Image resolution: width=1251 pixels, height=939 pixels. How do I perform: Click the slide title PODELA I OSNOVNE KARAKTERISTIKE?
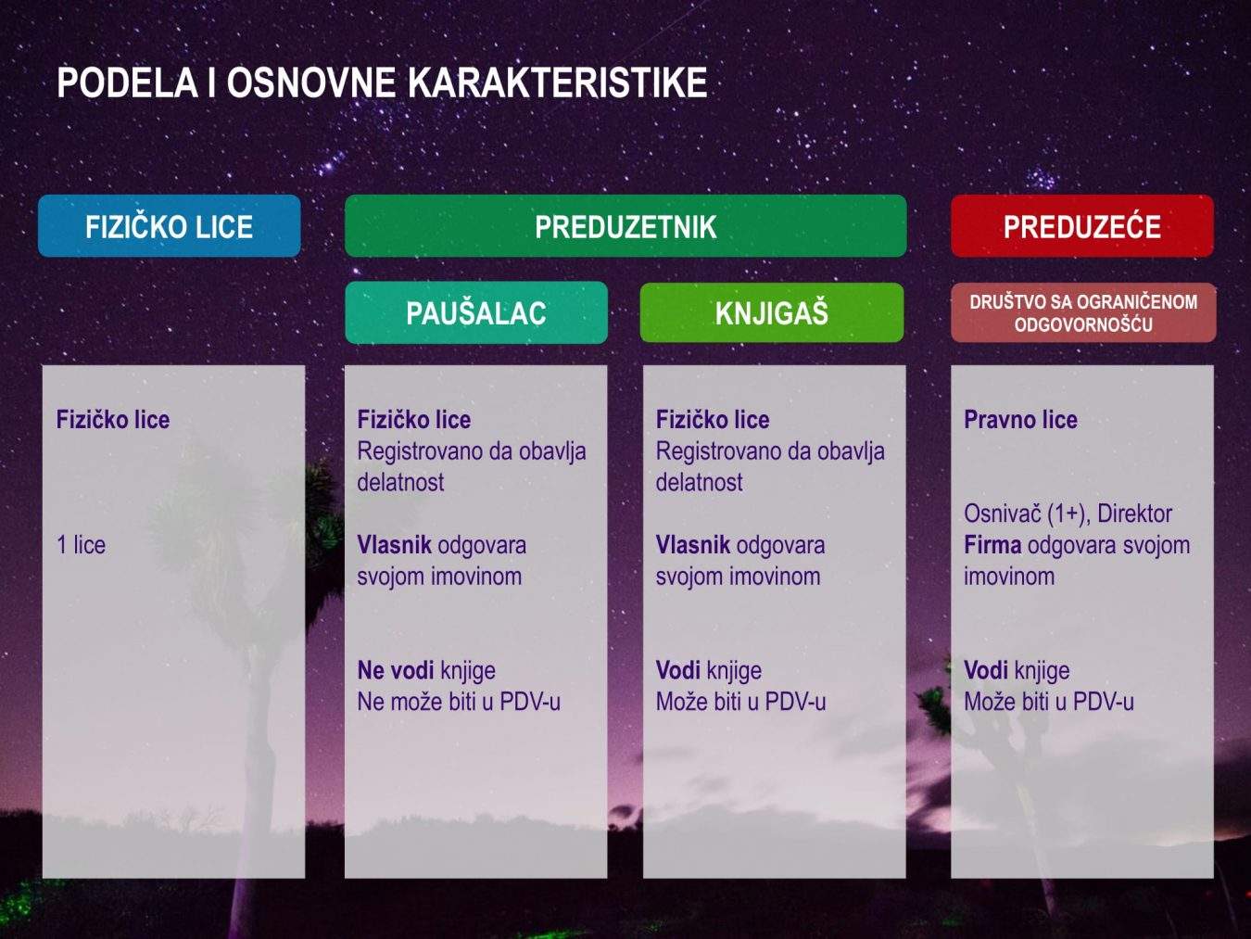(x=382, y=82)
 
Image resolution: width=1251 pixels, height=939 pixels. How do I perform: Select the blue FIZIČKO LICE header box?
(x=169, y=226)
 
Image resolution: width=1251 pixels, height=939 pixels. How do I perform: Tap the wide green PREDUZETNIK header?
(x=625, y=226)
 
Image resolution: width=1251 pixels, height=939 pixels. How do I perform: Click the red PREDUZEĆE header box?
(x=1081, y=226)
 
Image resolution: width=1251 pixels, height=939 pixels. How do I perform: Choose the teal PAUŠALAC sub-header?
(x=476, y=313)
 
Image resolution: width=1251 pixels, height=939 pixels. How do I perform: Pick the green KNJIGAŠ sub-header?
(x=771, y=313)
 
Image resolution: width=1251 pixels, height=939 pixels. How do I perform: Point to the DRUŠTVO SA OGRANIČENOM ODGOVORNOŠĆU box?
(x=1082, y=313)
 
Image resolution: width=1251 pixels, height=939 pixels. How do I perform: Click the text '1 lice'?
(x=82, y=545)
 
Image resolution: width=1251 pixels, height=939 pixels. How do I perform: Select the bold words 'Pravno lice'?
(x=1020, y=420)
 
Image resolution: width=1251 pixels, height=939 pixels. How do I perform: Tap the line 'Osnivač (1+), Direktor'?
(x=1068, y=514)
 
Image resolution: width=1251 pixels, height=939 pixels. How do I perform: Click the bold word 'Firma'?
(x=992, y=545)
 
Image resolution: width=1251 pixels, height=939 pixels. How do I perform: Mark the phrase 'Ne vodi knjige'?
(x=426, y=670)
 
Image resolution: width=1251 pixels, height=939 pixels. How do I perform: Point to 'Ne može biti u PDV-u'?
(x=459, y=702)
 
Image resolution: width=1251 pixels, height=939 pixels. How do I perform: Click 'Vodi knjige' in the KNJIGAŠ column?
(x=709, y=670)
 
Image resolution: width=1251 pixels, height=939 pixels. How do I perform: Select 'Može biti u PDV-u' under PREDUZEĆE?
(x=1048, y=702)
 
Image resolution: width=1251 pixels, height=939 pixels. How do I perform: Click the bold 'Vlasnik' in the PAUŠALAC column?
(x=395, y=545)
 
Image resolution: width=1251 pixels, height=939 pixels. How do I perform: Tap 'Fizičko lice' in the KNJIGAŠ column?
(x=713, y=420)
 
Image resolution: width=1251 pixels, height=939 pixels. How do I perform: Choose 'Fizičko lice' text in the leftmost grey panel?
(x=113, y=420)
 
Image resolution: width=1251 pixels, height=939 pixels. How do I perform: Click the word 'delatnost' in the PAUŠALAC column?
(x=400, y=483)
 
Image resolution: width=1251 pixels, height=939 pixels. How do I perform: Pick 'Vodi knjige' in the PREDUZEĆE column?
(x=1017, y=670)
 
